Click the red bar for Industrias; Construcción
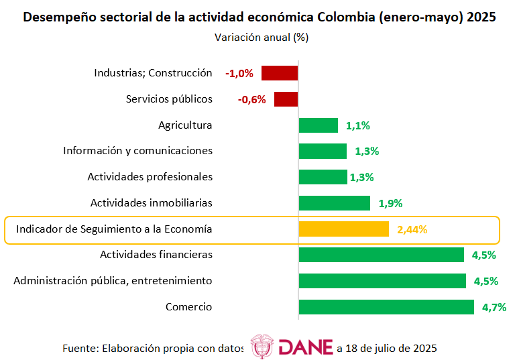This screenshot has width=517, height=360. point(280,73)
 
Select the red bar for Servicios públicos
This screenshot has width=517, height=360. point(286,99)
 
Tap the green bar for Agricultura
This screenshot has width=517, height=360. point(319,125)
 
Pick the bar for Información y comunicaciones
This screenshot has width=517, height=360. point(323,151)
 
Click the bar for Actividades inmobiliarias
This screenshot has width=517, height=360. point(335,203)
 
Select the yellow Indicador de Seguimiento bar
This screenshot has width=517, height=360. point(344,229)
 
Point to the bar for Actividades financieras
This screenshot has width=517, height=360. point(382,255)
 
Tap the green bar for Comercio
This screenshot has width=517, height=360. point(386,307)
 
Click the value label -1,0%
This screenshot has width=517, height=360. point(239,74)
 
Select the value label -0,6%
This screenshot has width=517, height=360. point(251,100)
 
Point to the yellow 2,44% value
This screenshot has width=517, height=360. point(412,229)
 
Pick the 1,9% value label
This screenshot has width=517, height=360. point(390,204)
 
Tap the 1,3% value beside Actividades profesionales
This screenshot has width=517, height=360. point(361,178)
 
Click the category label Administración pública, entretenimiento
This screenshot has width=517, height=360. point(113,280)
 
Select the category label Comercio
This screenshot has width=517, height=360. point(188,307)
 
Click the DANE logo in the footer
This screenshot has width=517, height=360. point(292,347)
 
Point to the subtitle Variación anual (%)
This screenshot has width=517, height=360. point(262,38)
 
